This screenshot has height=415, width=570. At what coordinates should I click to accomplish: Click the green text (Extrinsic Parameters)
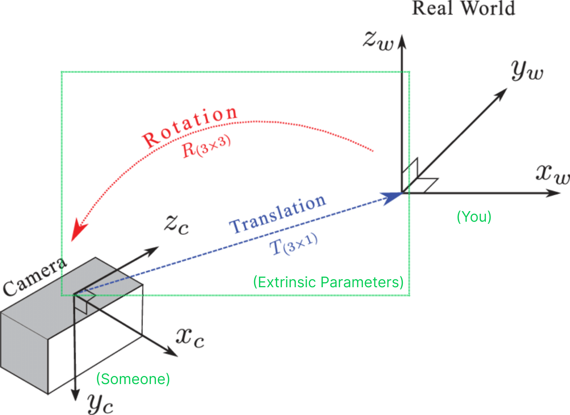pyautogui.click(x=328, y=282)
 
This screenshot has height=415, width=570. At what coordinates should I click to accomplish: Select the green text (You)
pyautogui.click(x=474, y=217)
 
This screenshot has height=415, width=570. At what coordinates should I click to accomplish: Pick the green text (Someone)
pyautogui.click(x=133, y=379)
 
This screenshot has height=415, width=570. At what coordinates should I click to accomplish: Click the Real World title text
pyautogui.click(x=463, y=8)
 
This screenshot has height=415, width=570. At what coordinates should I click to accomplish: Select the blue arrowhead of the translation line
pyautogui.click(x=391, y=197)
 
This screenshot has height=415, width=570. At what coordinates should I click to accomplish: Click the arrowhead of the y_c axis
pyautogui.click(x=75, y=395)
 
